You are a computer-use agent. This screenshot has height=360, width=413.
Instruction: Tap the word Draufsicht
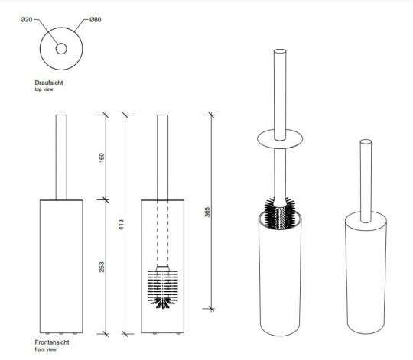[x=48, y=82]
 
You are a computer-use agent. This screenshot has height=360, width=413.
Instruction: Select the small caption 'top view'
[x=44, y=89]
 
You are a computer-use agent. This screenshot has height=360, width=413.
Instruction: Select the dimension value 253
[x=102, y=268]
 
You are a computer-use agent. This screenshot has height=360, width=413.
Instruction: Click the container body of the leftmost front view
[x=59, y=268]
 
